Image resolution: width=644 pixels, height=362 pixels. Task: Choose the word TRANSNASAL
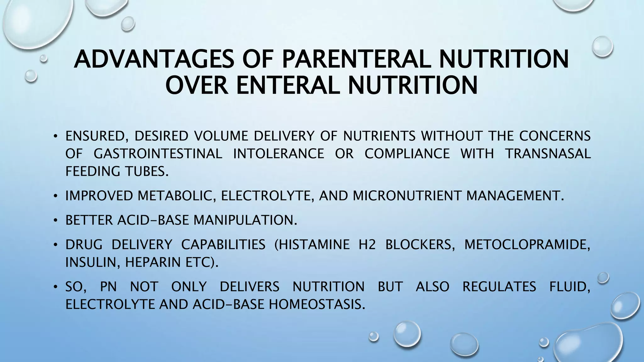point(548,154)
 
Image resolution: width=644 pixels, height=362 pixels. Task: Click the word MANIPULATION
point(245,220)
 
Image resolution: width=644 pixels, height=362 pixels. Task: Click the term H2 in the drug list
point(367,244)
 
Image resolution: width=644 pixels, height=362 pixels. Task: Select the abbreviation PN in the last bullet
point(108,287)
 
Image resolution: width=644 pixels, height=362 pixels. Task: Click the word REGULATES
point(499,287)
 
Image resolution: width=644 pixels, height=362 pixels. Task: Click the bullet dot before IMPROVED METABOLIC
point(55,196)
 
